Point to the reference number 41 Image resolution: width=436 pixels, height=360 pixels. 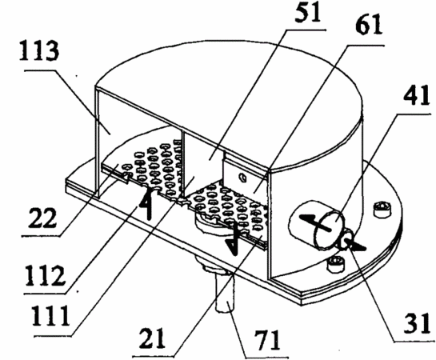coord(415,95)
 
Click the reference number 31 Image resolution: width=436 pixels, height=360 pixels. coord(417,323)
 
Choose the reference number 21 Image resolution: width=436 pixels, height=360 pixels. coord(152,338)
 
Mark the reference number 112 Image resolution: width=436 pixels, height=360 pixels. coord(45,276)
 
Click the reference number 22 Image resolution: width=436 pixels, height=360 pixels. coord(42,218)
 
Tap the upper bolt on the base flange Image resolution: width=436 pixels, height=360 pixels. coord(384,209)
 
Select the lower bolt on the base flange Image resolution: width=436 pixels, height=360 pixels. coord(336,263)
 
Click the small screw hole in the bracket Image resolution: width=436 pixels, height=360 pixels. coord(243,177)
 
